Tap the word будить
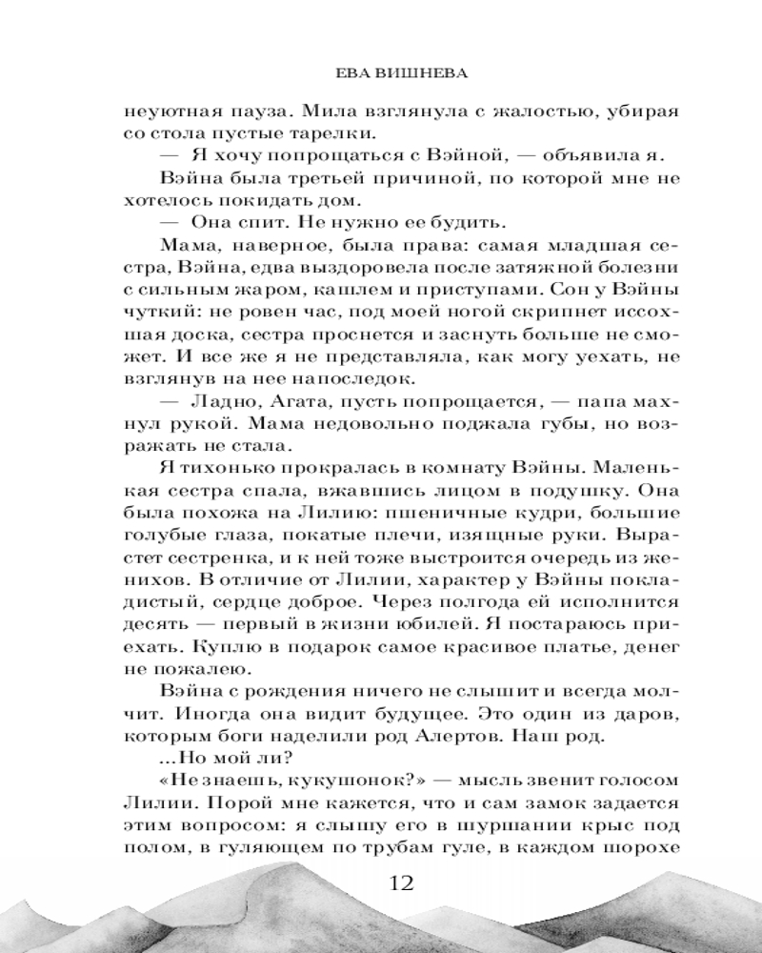point(459,224)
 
